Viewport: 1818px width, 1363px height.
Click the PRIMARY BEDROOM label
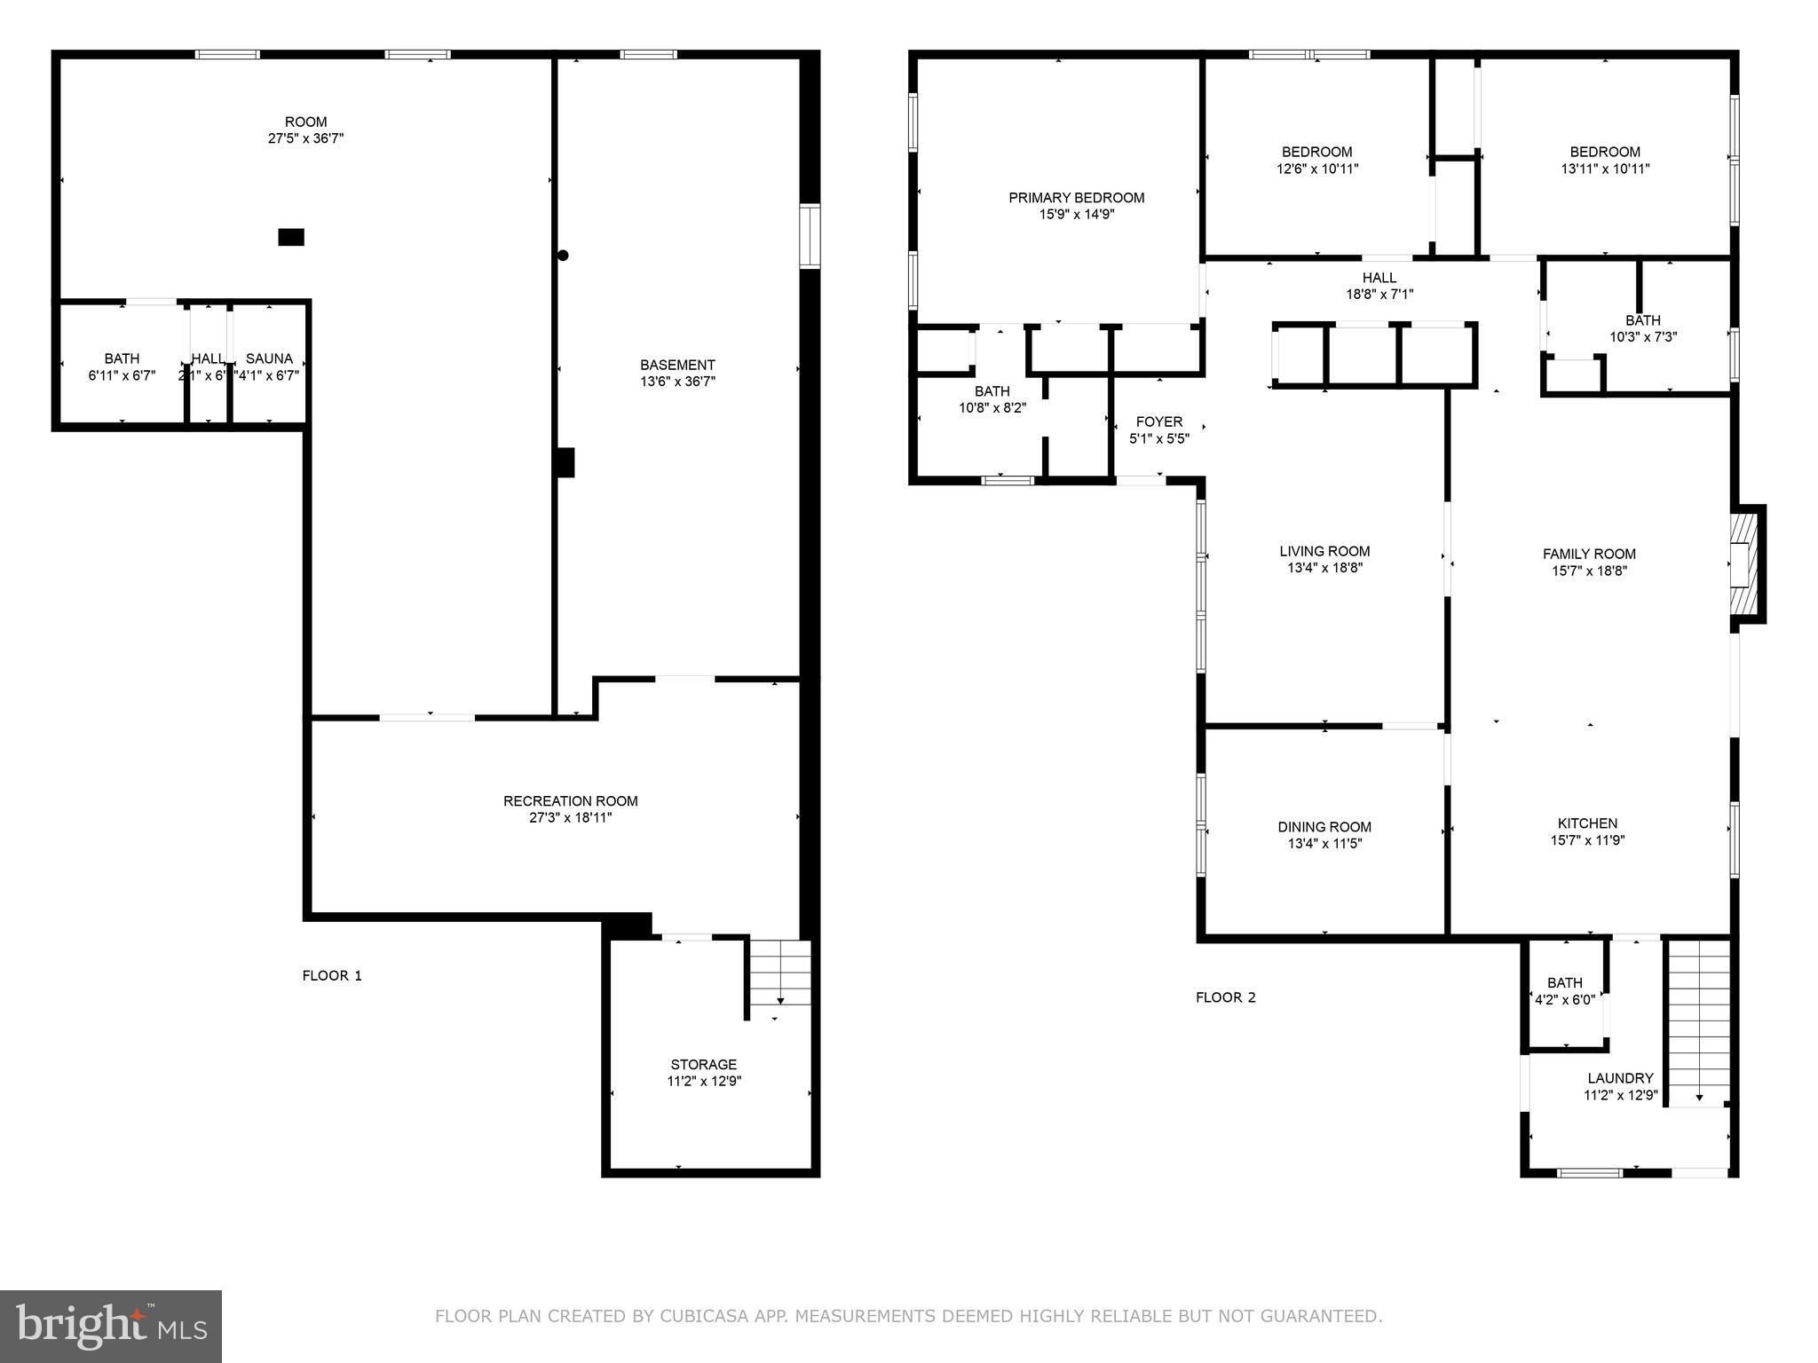[x=1076, y=198]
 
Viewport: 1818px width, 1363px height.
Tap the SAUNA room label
[x=269, y=358]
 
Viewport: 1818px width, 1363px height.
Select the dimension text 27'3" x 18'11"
[x=570, y=818]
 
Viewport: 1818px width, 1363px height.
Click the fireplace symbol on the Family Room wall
[x=1744, y=563]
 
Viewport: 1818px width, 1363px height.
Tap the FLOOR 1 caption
[x=332, y=976]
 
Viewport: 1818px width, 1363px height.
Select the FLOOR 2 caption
[x=1225, y=997]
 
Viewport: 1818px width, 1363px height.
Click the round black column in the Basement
[x=563, y=256]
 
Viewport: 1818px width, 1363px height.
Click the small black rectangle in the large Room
[x=291, y=237]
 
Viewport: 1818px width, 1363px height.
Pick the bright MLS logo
[x=111, y=1326]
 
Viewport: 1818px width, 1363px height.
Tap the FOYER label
[x=1158, y=422]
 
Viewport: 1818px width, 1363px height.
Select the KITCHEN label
[x=1587, y=823]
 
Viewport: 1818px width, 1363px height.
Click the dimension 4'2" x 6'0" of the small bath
[x=1564, y=999]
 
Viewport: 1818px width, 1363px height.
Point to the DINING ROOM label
[x=1324, y=827]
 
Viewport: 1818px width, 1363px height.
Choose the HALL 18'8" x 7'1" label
[x=1379, y=286]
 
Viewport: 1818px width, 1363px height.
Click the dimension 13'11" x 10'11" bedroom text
[x=1605, y=169]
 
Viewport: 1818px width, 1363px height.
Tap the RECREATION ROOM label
[x=570, y=801]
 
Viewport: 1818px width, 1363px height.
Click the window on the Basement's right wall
[x=809, y=235]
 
